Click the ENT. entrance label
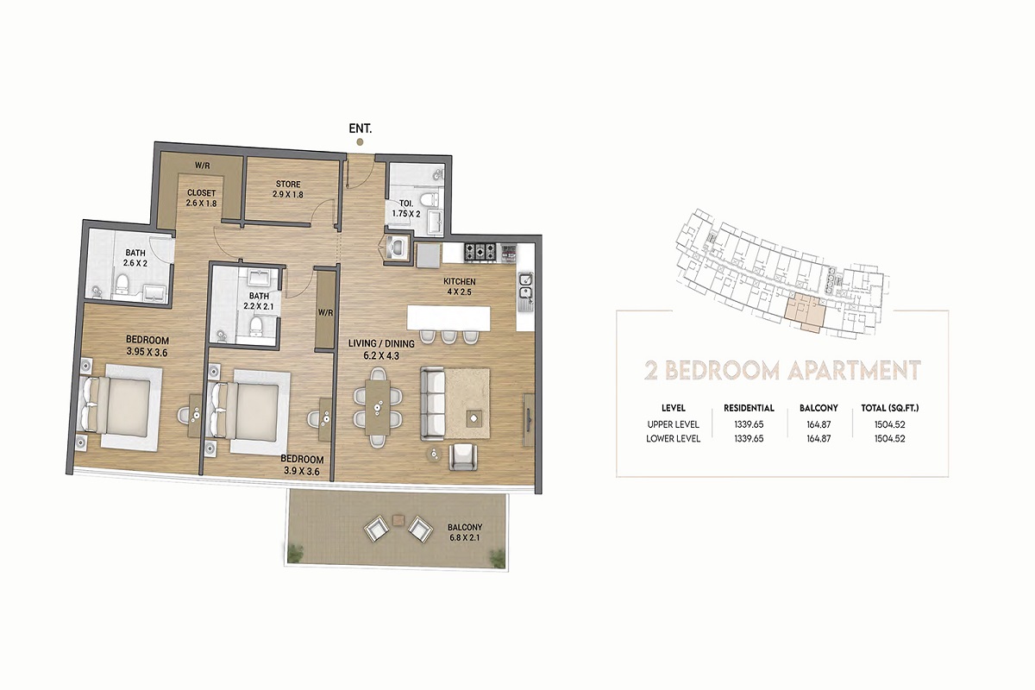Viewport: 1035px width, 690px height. point(360,128)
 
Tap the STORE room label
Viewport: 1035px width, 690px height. point(288,189)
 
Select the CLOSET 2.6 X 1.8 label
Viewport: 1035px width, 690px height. point(201,198)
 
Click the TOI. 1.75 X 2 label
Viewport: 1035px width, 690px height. point(405,208)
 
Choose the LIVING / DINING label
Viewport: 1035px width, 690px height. point(382,348)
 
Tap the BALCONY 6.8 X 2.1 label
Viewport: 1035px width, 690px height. point(465,532)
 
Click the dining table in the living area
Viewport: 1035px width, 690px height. point(377,407)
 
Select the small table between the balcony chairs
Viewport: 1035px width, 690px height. point(398,519)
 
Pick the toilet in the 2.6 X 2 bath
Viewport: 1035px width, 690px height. point(123,283)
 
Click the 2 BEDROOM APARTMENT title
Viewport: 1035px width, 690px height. point(782,371)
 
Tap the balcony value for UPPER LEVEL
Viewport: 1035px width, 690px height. point(819,424)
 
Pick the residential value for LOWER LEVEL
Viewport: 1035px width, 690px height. point(749,439)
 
